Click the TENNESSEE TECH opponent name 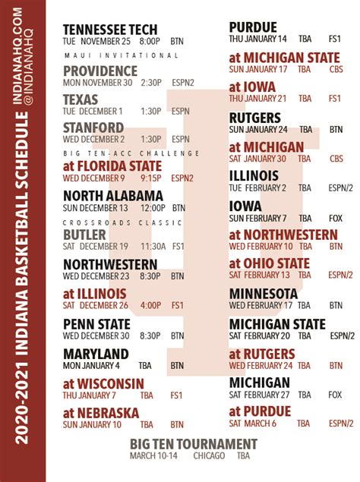[111, 30]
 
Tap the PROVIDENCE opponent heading [99, 70]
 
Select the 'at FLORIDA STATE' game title [112, 165]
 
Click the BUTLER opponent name [85, 235]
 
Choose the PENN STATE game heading [96, 324]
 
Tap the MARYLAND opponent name [96, 354]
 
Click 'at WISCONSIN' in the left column [103, 383]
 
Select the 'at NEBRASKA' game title [101, 413]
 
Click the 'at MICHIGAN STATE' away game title [285, 58]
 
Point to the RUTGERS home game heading [254, 118]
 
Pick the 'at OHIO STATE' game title [270, 263]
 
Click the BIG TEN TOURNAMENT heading [192, 444]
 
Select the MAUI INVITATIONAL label [121, 55]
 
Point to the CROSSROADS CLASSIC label [121, 222]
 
